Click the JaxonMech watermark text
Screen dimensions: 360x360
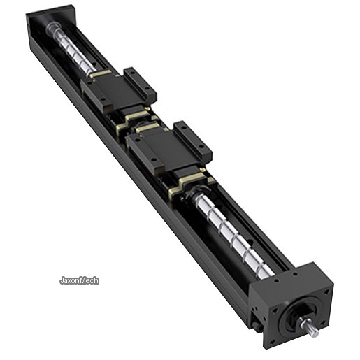[79, 280]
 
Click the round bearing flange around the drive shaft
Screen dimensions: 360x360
[300, 316]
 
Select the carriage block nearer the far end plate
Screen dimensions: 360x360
[118, 89]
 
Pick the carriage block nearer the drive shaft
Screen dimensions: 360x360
[169, 146]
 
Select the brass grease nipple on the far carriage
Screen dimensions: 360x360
[147, 108]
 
